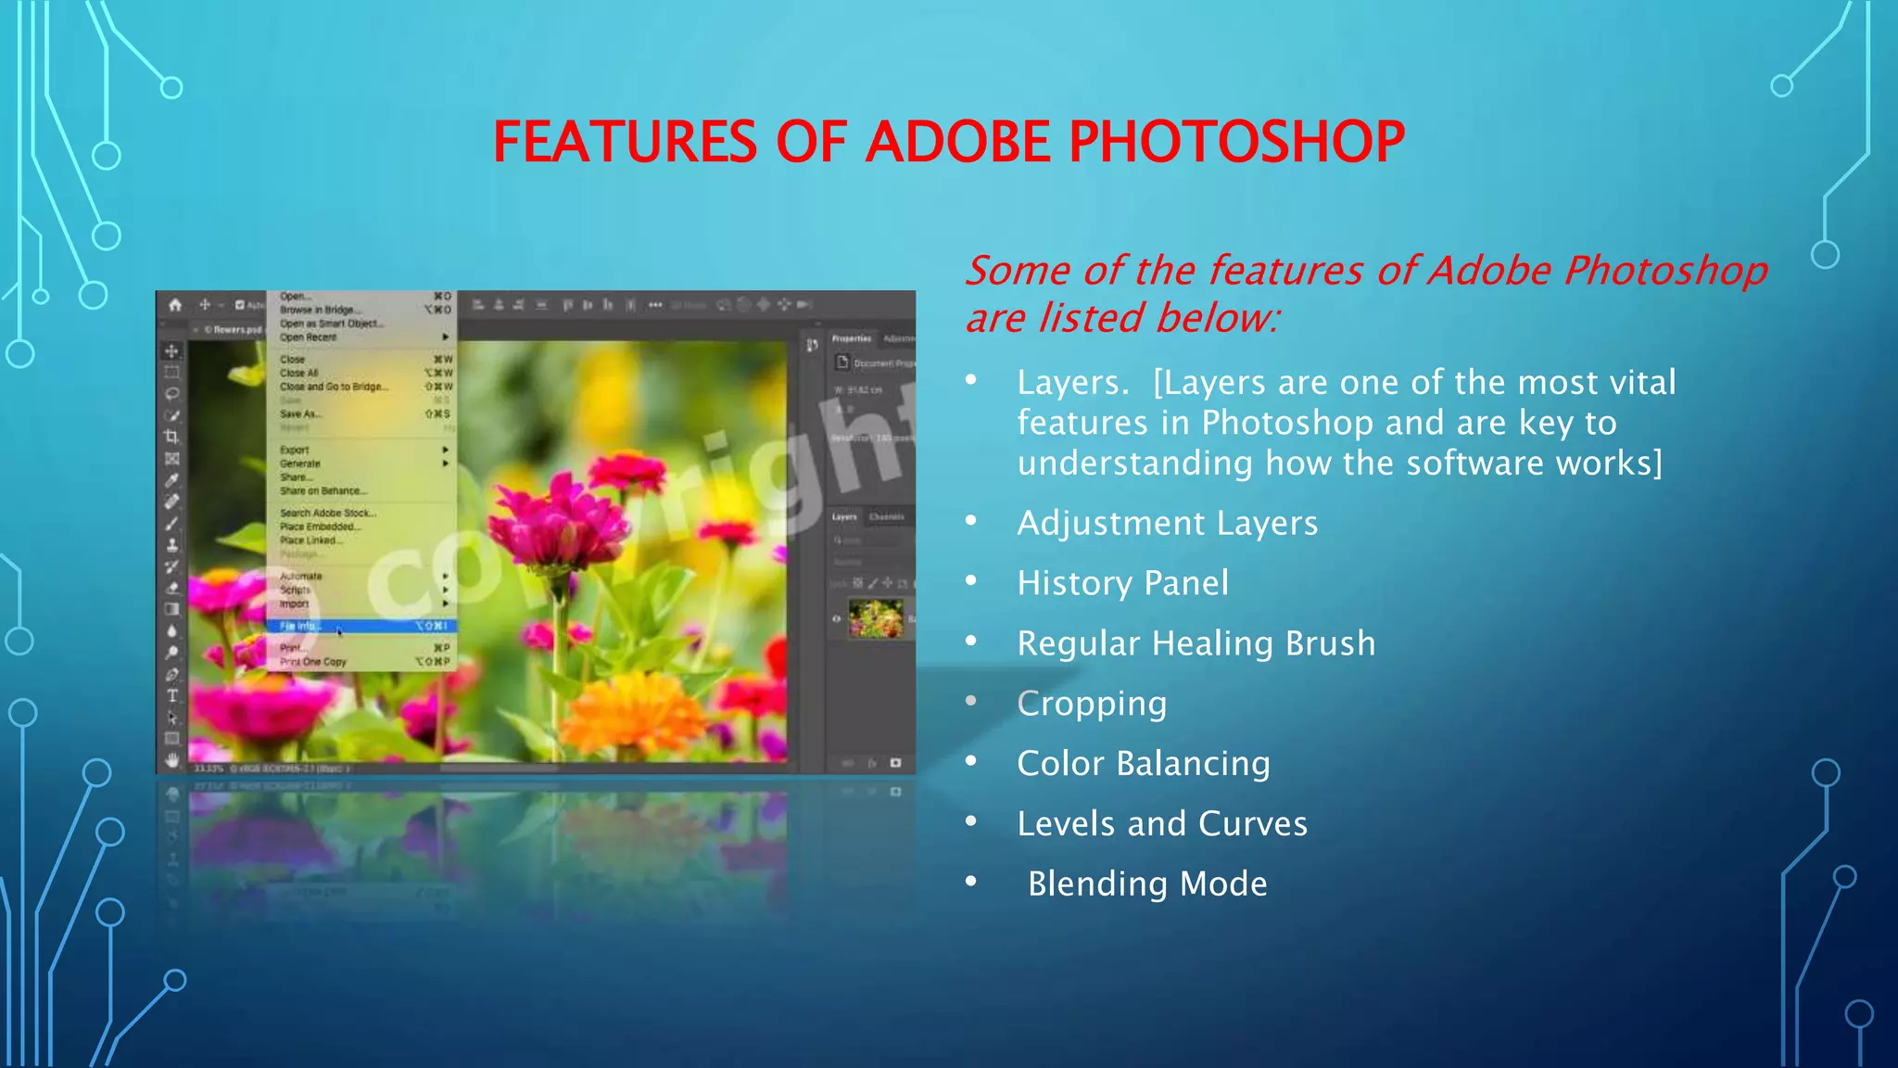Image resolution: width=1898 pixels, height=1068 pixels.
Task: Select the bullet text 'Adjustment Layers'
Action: point(1167,524)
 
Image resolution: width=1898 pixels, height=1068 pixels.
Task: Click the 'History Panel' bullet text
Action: point(1122,584)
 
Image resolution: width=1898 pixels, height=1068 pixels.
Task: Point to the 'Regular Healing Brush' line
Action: point(1196,643)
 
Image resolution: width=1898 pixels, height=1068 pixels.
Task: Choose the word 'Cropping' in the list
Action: point(1092,704)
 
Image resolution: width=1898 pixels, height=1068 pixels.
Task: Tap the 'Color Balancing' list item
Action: point(1144,764)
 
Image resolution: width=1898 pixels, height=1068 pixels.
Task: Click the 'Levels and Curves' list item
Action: point(1162,824)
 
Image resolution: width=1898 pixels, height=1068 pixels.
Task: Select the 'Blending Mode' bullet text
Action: point(1147,884)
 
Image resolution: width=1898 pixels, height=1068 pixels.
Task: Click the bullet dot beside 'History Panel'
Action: point(971,581)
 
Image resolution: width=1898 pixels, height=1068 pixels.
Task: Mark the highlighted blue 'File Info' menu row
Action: point(361,627)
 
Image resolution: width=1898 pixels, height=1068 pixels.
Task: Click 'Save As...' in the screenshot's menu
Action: point(301,414)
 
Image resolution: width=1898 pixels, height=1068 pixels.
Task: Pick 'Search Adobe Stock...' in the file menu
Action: point(328,513)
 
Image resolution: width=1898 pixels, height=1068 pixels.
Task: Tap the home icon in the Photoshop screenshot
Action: point(175,305)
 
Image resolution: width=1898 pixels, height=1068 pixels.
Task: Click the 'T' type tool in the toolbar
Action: point(172,695)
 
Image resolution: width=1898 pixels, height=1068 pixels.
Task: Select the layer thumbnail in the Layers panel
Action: point(875,618)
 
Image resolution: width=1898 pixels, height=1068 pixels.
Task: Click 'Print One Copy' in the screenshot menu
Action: point(313,662)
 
